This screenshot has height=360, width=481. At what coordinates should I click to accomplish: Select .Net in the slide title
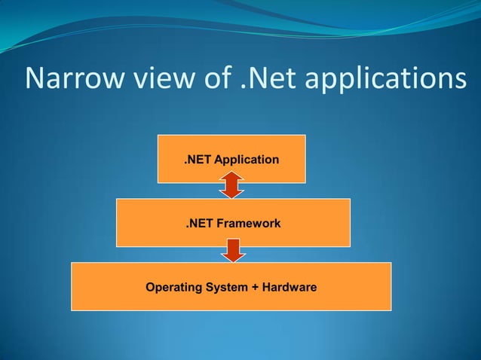tap(267, 79)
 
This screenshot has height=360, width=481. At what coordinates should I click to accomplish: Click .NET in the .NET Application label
tap(198, 160)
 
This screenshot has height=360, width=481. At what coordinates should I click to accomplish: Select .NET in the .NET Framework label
tap(200, 224)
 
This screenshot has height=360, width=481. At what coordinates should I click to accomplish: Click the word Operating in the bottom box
tap(171, 288)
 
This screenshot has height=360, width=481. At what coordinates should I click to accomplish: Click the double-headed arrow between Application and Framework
tap(231, 185)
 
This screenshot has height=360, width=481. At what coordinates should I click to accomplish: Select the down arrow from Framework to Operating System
tap(233, 250)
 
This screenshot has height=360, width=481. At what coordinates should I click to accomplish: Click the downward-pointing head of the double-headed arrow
tap(231, 193)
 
